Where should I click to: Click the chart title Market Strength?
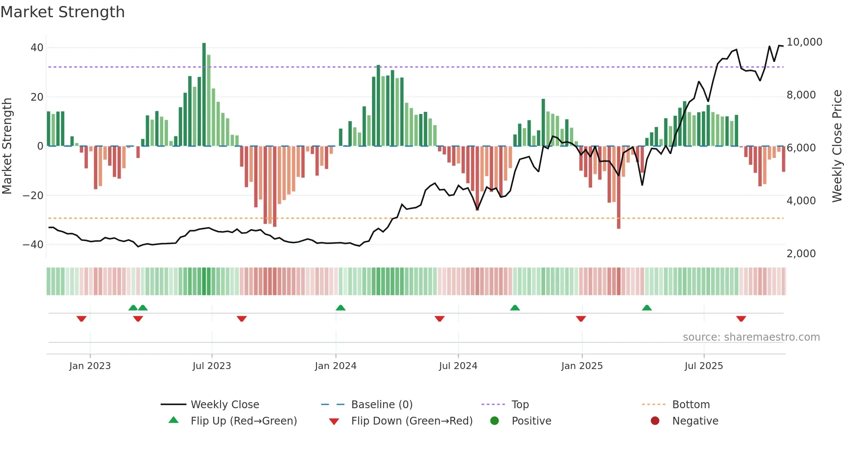[x=62, y=12]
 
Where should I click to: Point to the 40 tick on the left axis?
[x=37, y=48]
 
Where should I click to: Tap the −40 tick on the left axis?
[x=33, y=245]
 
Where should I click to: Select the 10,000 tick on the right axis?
[x=804, y=42]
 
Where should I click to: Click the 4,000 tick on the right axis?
[x=801, y=201]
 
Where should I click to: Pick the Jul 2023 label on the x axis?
[x=211, y=366]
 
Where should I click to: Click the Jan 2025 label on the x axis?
[x=582, y=366]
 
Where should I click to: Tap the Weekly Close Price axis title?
[x=837, y=146]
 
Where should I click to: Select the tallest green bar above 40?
[x=204, y=95]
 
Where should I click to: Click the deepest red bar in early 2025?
[x=619, y=187]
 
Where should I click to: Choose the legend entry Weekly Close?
[x=224, y=405]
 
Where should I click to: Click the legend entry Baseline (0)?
[x=382, y=405]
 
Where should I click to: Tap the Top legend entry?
[x=520, y=405]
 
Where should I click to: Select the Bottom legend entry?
[x=691, y=405]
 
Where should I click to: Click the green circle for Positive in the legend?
[x=495, y=421]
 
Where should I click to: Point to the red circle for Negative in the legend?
[x=655, y=421]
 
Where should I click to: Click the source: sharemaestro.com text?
[x=751, y=337]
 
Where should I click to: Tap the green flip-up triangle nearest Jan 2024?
[x=341, y=308]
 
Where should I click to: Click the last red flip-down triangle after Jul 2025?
[x=741, y=319]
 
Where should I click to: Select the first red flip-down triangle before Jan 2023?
[x=81, y=319]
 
